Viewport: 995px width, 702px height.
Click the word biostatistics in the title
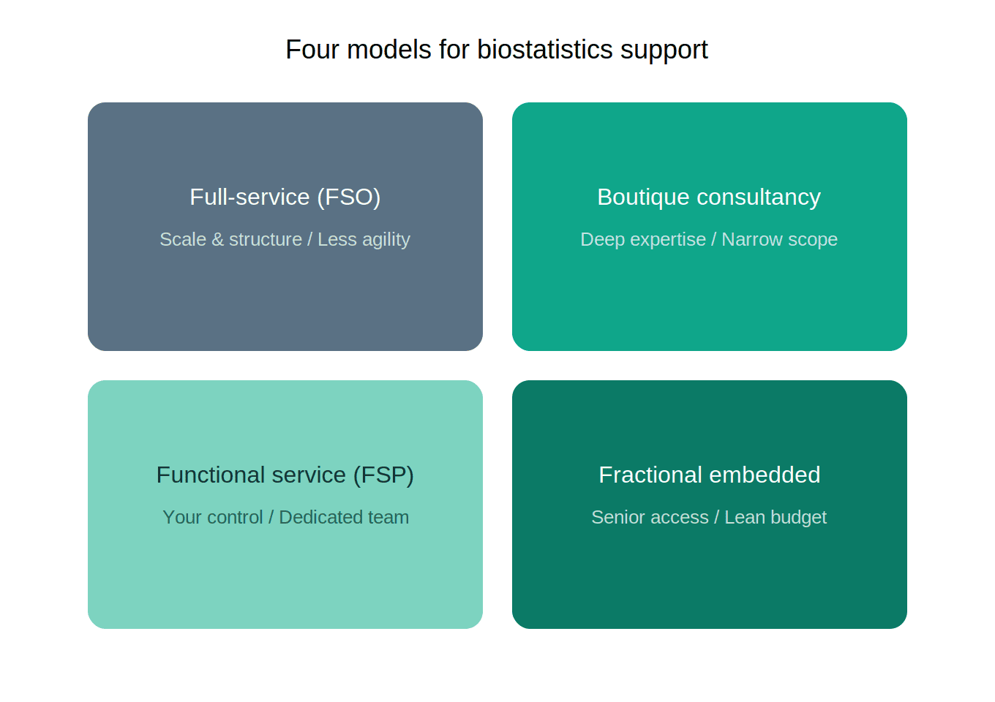tap(544, 50)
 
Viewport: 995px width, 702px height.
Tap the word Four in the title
tap(312, 50)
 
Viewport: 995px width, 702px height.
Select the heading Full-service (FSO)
tap(285, 197)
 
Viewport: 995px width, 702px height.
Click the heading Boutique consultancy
tap(708, 197)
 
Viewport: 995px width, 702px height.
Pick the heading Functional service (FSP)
tap(285, 475)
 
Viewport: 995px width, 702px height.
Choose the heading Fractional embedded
tap(709, 475)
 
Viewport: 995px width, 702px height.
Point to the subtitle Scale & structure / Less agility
tap(285, 239)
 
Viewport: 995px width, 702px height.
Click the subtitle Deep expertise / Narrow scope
tap(708, 239)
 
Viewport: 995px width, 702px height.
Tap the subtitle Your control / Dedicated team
tap(285, 517)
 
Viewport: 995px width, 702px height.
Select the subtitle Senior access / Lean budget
tap(708, 517)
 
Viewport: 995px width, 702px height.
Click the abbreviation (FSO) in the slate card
tap(348, 197)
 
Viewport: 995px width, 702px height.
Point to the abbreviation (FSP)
tap(383, 475)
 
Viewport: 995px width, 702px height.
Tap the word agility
tap(386, 240)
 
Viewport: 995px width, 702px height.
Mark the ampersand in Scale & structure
tap(217, 239)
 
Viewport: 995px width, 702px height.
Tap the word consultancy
tap(758, 197)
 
